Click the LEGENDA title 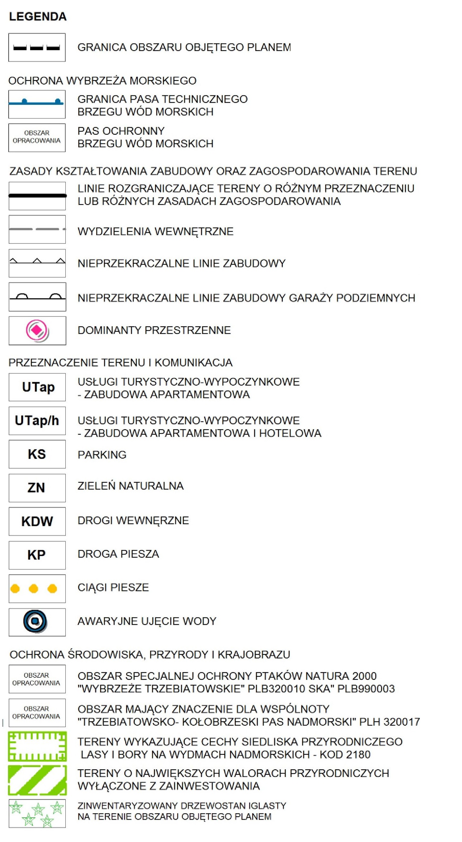(38, 16)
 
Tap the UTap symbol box (37, 387)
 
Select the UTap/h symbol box (37, 421)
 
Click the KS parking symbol (37, 454)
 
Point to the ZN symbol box (37, 488)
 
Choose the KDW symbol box (37, 521)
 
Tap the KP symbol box (37, 555)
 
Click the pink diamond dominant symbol (37, 330)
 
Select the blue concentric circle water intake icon (35, 621)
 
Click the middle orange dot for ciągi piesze (33, 589)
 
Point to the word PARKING (102, 455)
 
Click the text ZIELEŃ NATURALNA (130, 486)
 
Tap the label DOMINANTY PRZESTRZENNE (154, 330)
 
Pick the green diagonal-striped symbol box (37, 780)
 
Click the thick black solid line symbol (37, 195)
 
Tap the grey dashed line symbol (37, 229)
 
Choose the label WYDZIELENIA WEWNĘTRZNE (155, 232)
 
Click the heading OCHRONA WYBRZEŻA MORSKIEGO (102, 81)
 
